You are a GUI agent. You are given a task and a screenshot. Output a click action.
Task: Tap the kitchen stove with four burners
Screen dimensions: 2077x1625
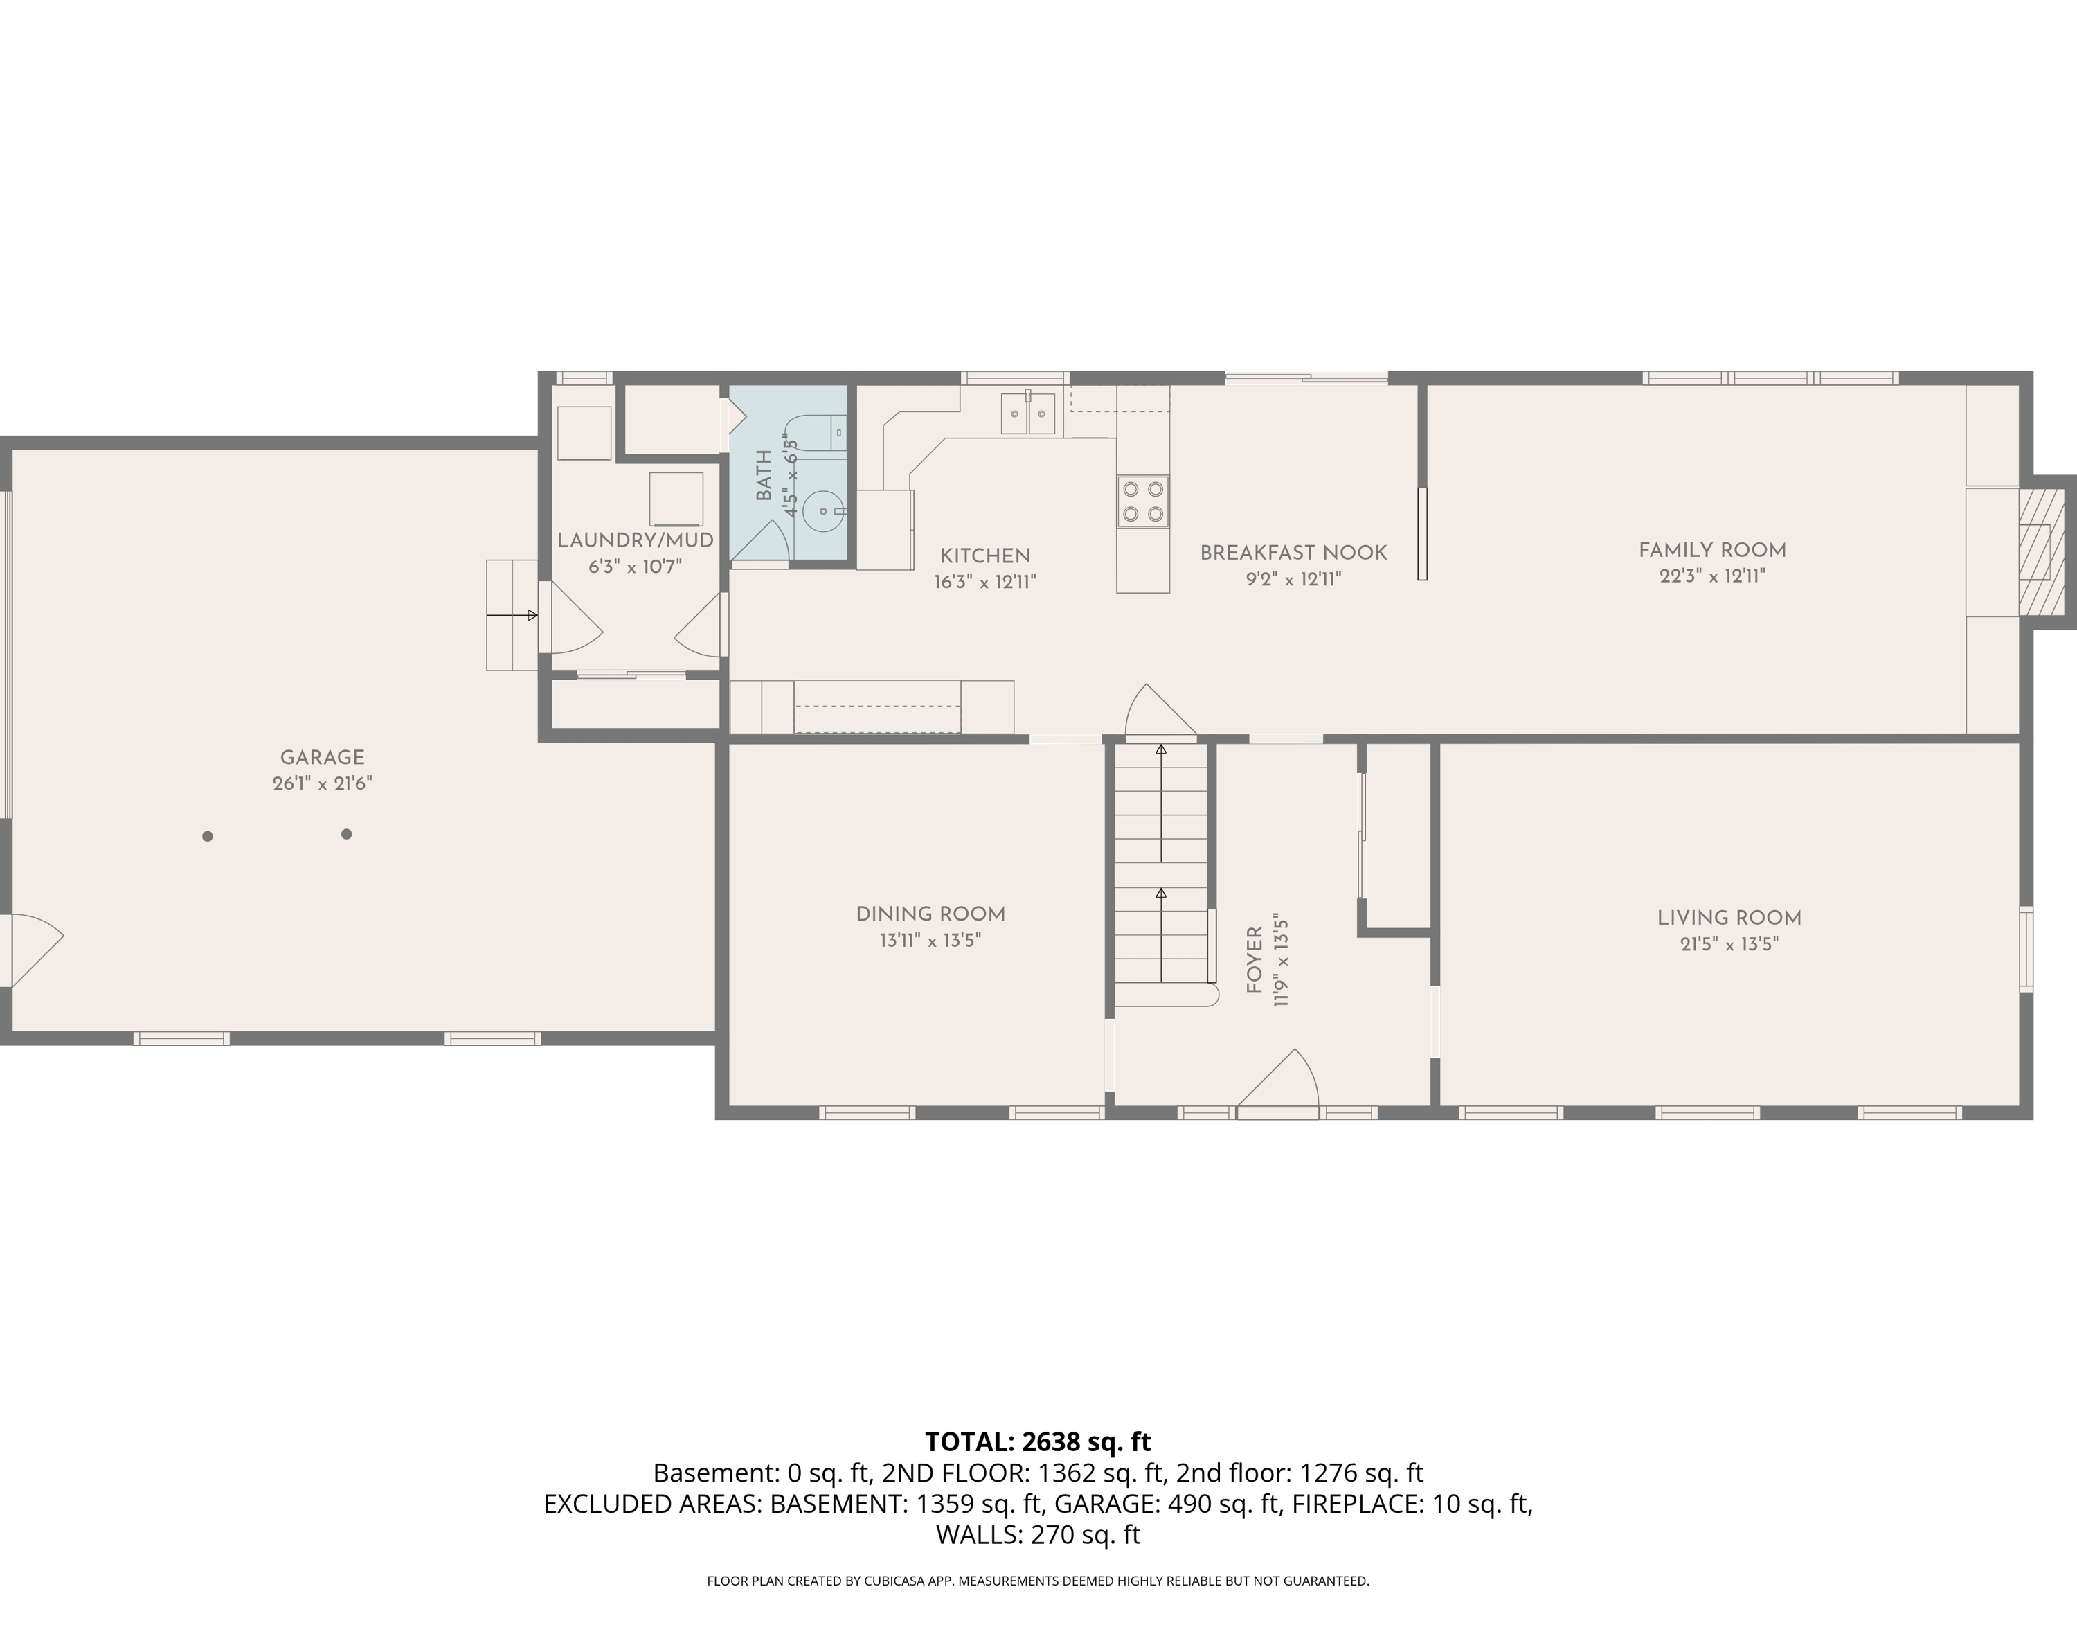coord(1142,501)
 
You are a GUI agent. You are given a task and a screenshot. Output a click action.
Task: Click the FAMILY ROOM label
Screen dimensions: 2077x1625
coord(1712,550)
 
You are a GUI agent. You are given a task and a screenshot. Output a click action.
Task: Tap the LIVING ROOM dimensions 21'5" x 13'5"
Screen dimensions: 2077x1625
coord(1729,944)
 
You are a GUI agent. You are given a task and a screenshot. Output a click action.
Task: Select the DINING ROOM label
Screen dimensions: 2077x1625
coord(930,914)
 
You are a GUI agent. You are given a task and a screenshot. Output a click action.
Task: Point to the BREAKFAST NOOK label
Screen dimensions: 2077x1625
coord(1293,553)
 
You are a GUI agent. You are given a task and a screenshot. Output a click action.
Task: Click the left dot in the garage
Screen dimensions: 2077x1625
coord(207,836)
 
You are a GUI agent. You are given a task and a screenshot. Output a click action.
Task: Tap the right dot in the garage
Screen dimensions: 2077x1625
coord(346,835)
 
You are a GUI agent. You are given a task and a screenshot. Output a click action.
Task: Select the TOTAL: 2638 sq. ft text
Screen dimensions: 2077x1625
coord(1038,1442)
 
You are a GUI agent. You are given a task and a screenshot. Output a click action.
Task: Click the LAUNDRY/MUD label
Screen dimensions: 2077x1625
coord(636,540)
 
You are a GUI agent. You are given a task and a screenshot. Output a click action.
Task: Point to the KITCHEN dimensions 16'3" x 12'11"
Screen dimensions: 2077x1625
coord(984,581)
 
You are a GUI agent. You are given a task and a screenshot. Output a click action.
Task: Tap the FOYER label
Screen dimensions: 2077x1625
coord(1255,960)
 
